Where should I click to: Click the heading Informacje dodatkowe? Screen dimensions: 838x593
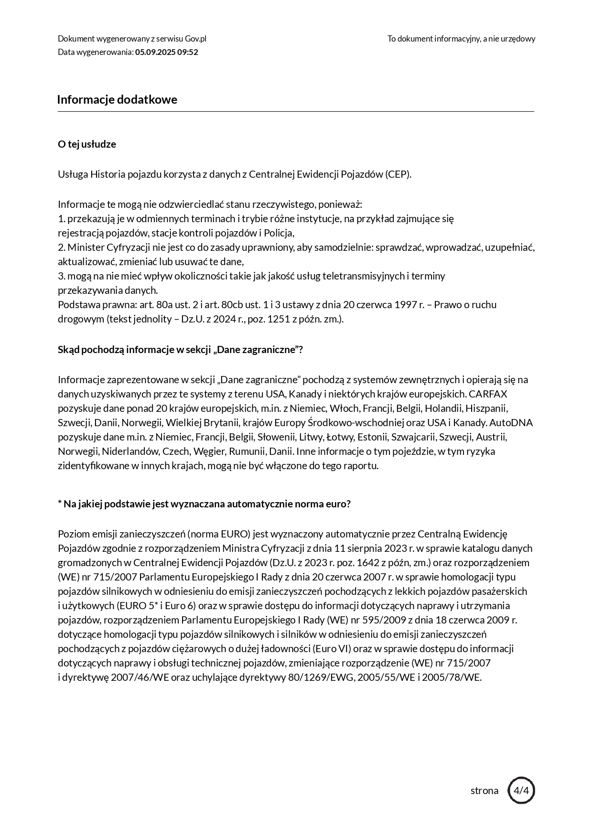tap(117, 99)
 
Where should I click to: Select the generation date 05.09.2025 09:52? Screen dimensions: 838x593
tap(166, 52)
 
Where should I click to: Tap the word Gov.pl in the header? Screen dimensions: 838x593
tap(195, 39)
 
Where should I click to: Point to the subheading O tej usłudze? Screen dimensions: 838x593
tap(87, 144)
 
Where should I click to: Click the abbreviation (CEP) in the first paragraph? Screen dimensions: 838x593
tap(398, 174)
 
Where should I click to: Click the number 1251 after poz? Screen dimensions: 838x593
tap(278, 319)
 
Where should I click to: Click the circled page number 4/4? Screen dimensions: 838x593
tap(521, 790)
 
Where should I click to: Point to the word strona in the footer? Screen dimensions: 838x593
tap(484, 791)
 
